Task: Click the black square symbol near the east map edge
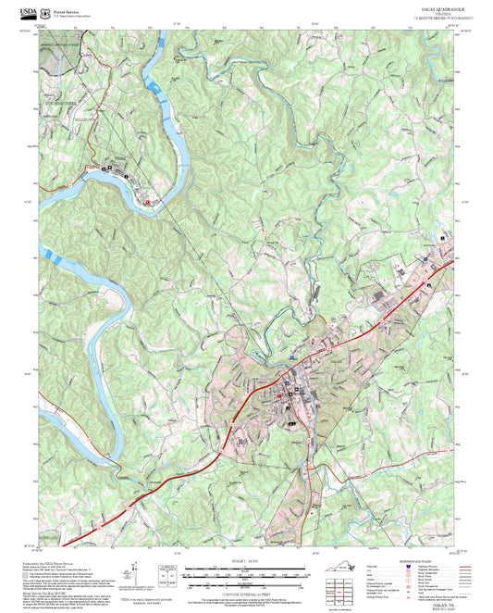(444, 238)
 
